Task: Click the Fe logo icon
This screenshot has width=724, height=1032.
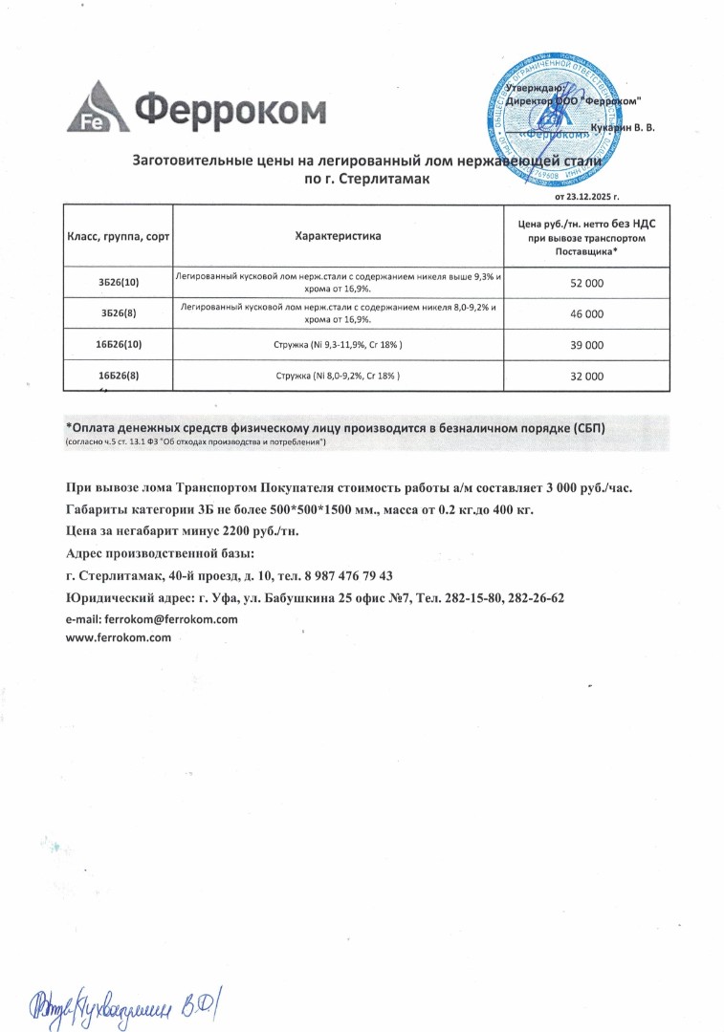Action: pyautogui.click(x=92, y=109)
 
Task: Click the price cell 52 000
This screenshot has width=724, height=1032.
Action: pyautogui.click(x=586, y=284)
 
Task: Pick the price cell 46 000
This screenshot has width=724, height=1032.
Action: pyautogui.click(x=586, y=313)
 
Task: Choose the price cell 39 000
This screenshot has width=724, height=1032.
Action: pyautogui.click(x=586, y=344)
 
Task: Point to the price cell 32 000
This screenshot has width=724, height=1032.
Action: pyautogui.click(x=586, y=376)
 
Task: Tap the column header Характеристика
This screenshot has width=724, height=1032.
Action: pyautogui.click(x=338, y=235)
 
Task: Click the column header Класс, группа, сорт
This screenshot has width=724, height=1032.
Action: pyautogui.click(x=118, y=235)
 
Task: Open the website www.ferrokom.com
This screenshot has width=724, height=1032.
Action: pyautogui.click(x=118, y=637)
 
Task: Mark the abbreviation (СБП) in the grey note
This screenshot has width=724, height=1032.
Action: pyautogui.click(x=583, y=428)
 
